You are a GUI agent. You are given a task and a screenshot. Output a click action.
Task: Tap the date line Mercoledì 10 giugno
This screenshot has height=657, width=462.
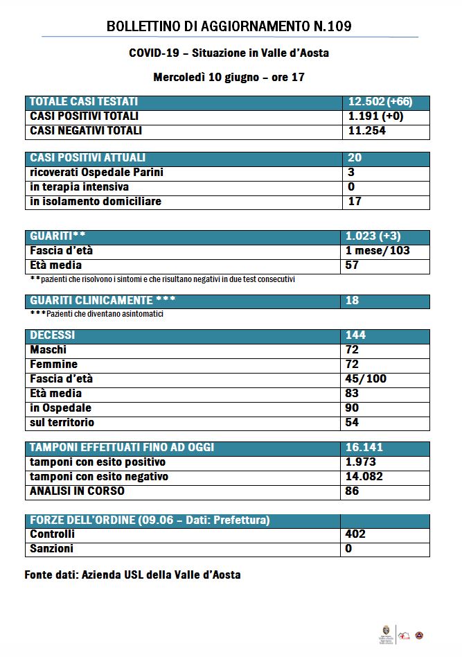click(x=229, y=78)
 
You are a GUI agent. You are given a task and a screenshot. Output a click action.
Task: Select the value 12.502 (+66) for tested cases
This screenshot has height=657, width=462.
click(x=380, y=102)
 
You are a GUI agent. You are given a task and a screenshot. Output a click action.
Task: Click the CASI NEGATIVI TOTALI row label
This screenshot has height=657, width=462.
click(x=86, y=130)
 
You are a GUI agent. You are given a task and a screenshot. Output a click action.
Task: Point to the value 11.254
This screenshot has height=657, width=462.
click(x=366, y=130)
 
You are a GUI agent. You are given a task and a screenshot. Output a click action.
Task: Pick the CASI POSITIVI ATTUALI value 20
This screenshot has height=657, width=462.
click(x=354, y=158)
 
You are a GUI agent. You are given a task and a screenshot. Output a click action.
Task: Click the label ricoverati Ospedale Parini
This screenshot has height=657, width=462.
click(x=97, y=173)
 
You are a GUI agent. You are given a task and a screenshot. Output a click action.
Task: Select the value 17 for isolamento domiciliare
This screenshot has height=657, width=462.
click(x=354, y=202)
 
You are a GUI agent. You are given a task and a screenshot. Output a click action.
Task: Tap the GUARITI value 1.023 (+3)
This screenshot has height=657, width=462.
click(x=377, y=236)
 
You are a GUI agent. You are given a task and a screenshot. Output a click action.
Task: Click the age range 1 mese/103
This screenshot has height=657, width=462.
click(x=378, y=250)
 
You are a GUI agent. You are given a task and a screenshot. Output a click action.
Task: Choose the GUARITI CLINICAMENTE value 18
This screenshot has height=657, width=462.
click(x=353, y=301)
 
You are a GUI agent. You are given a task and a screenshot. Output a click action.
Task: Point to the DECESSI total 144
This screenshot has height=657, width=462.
click(x=356, y=335)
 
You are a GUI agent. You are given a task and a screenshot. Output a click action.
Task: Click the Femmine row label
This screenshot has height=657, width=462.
click(x=54, y=365)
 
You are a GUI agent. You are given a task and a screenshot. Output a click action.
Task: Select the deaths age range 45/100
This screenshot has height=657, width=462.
click(x=366, y=379)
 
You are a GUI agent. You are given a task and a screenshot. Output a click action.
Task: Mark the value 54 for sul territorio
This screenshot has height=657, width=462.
click(x=353, y=422)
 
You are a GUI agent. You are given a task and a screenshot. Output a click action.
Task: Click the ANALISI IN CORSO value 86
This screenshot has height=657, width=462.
click(x=353, y=491)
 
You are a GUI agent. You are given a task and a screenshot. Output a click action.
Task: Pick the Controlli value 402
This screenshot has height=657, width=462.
click(x=355, y=534)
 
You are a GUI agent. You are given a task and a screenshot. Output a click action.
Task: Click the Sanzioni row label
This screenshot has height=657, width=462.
click(x=52, y=549)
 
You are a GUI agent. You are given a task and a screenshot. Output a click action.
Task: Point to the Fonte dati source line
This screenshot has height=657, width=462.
click(x=132, y=575)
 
